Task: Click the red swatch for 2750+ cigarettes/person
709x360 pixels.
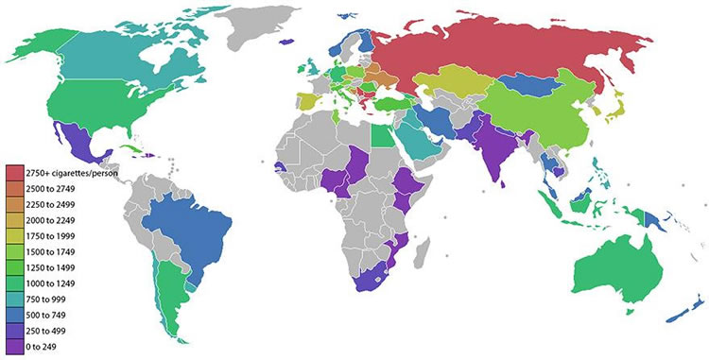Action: (16, 174)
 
